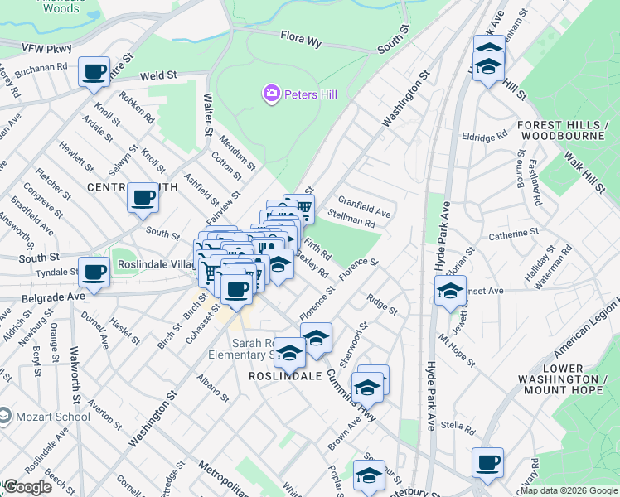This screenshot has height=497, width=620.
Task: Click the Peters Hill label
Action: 311,94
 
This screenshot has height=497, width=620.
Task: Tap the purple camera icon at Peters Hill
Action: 271,94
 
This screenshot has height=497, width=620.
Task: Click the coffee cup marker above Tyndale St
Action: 94,271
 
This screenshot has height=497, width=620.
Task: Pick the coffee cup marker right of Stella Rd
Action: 487,462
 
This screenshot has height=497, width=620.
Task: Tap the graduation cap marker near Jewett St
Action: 450,292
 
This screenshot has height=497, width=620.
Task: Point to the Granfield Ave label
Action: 364,207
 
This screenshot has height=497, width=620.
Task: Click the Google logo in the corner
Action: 27,487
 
